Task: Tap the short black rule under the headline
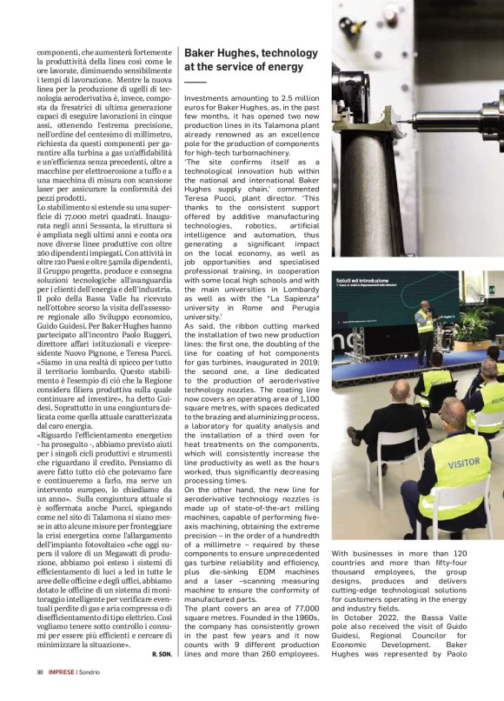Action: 195,81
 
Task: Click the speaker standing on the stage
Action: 423,331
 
